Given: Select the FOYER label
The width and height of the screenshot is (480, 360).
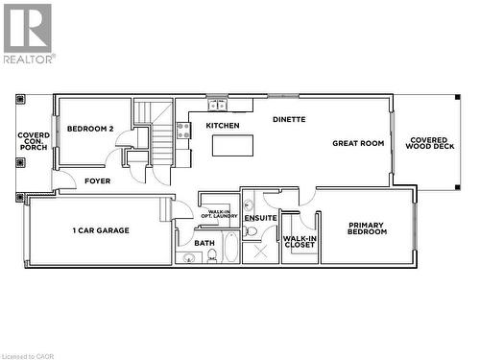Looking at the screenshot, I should [x=97, y=180].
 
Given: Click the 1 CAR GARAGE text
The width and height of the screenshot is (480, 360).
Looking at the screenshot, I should [x=100, y=230].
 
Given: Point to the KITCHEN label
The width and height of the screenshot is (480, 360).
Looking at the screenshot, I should [x=223, y=126].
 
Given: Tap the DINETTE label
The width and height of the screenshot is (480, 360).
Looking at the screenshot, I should [x=289, y=120].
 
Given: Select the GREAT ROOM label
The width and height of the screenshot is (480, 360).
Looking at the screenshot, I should [x=358, y=143].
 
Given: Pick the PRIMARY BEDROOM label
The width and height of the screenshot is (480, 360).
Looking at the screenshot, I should [x=367, y=228].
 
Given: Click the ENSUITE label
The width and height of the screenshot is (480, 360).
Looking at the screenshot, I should [x=260, y=219].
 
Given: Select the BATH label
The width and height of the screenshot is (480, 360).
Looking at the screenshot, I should [x=204, y=243].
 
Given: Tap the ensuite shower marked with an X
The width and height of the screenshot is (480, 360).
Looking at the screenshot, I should [x=259, y=252].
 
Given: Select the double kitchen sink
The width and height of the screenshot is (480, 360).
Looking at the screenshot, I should [x=217, y=104].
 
